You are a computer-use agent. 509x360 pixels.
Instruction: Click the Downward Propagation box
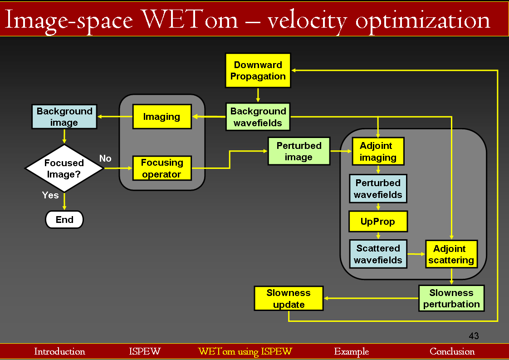[x=258, y=70]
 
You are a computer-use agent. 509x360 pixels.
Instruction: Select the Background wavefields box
[x=258, y=117]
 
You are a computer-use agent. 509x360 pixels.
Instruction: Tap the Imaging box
[x=162, y=117]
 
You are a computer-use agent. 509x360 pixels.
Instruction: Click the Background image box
[x=64, y=117]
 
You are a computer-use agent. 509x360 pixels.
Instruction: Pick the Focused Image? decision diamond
[x=64, y=168]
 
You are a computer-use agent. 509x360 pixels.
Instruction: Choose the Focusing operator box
[x=162, y=168]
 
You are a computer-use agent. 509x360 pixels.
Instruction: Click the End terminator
[x=64, y=220]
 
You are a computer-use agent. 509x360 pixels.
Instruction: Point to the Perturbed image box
[x=299, y=151]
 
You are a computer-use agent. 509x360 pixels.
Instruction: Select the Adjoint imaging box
[x=378, y=152]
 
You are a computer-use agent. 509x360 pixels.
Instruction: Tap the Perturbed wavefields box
[x=378, y=189]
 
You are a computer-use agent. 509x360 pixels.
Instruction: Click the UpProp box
[x=378, y=222]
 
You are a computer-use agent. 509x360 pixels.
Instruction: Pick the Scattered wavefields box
[x=378, y=254]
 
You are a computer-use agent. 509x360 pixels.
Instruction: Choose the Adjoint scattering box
[x=451, y=254]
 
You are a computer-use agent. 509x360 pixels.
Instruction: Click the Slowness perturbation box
[x=451, y=298]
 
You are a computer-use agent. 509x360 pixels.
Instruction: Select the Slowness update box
[x=289, y=298]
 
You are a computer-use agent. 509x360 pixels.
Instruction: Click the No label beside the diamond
[x=105, y=158]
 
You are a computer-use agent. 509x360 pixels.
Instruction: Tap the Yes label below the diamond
[x=50, y=195]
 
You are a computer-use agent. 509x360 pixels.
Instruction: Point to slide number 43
[x=474, y=336]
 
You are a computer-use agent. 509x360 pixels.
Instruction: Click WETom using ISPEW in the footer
[x=245, y=351]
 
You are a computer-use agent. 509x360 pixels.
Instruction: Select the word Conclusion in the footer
[x=452, y=351]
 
